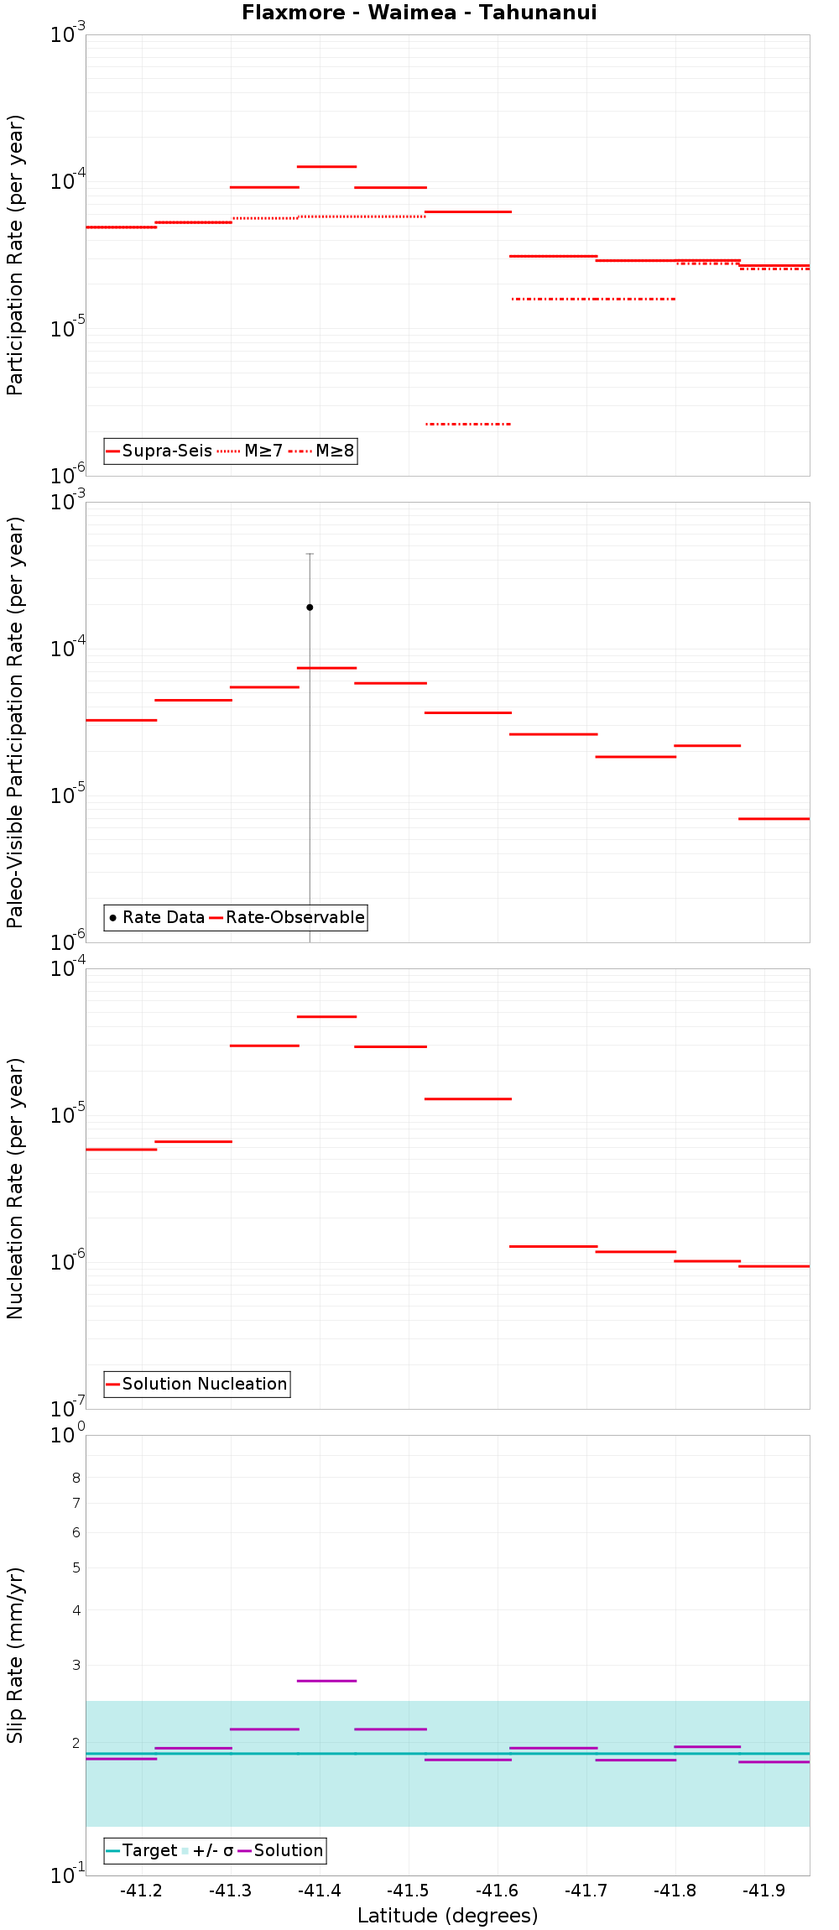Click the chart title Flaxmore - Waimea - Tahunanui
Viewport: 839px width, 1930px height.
[419, 13]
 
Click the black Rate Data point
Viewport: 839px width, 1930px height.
[310, 607]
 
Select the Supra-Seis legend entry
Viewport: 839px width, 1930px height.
[159, 451]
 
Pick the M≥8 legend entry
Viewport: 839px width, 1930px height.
[323, 451]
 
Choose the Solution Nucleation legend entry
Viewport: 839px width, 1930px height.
[197, 1384]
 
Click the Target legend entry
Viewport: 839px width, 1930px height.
[142, 1850]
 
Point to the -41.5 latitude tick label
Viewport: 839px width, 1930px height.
[408, 1891]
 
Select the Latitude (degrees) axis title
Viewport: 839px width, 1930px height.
[447, 1916]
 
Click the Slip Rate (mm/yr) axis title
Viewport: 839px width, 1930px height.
[15, 1655]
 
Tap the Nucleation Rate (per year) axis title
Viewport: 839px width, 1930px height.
[15, 1188]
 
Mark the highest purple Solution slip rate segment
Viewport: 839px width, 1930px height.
[327, 1681]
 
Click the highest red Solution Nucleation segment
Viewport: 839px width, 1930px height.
[327, 1016]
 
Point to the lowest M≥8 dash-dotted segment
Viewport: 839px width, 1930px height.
[468, 424]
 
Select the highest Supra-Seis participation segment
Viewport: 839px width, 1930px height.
[327, 166]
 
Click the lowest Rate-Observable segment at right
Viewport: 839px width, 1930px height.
[774, 818]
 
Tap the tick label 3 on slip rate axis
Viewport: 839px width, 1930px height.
[76, 1665]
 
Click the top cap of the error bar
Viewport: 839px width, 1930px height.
[310, 554]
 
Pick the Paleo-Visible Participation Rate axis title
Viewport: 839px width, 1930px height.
[15, 722]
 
